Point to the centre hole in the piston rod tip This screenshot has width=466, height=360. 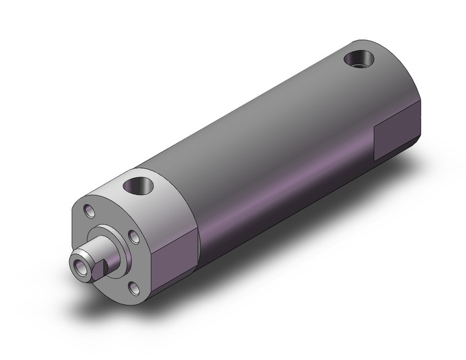78,266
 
